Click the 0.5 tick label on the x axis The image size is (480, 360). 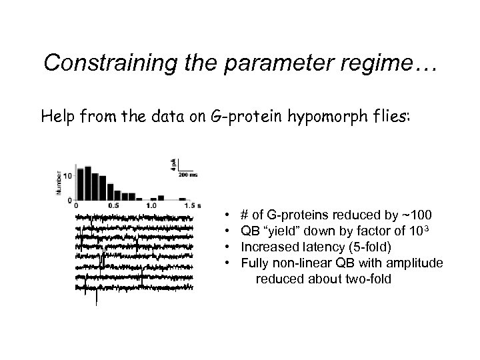114,205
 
